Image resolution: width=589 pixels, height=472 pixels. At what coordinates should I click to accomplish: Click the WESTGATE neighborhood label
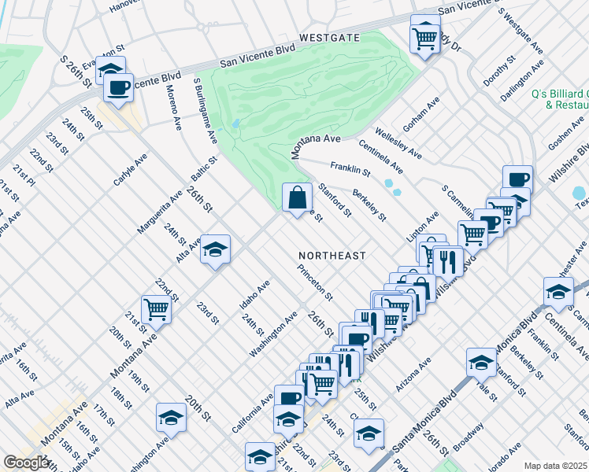(329, 37)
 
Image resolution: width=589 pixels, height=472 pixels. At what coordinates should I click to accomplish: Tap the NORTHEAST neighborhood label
(332, 256)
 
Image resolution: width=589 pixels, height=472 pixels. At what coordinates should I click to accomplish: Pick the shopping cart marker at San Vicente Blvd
(425, 36)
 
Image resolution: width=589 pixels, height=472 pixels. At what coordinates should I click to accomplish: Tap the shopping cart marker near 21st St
(156, 311)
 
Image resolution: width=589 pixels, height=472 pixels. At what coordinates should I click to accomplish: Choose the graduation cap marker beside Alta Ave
(215, 250)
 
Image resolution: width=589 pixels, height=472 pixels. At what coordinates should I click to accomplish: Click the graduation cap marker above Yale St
(481, 363)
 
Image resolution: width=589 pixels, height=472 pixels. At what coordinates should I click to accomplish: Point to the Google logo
(26, 463)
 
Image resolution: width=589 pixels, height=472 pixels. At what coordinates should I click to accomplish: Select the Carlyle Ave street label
(131, 170)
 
